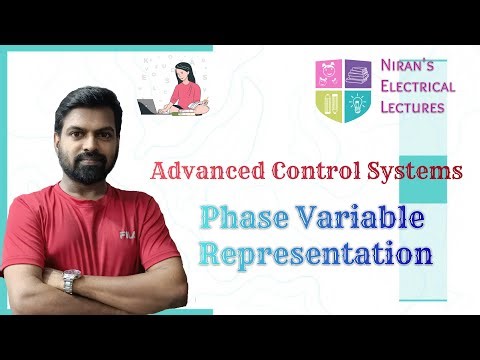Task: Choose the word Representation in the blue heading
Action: click(315, 251)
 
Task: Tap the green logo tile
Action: click(328, 105)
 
